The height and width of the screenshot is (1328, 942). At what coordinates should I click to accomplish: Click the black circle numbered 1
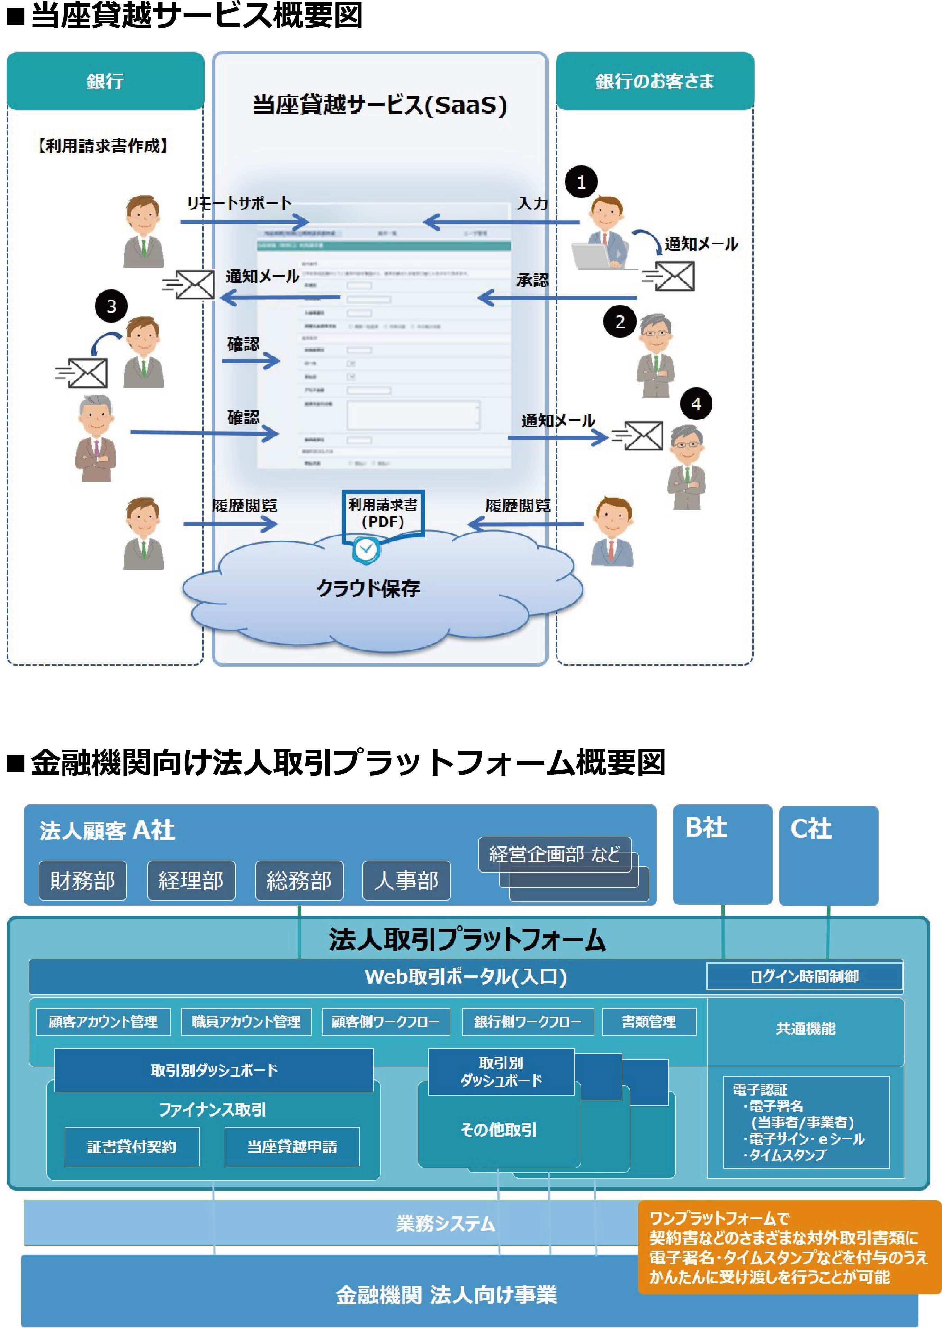(581, 182)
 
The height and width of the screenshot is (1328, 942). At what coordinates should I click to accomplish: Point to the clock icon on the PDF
(366, 549)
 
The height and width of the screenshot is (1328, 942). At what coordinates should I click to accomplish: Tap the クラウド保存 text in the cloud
(368, 589)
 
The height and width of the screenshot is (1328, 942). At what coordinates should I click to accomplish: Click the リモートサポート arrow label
(239, 204)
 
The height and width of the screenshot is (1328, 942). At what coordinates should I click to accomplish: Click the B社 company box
(722, 853)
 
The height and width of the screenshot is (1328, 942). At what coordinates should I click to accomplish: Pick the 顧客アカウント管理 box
(103, 1021)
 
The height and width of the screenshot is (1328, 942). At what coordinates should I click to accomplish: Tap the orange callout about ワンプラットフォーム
(789, 1247)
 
